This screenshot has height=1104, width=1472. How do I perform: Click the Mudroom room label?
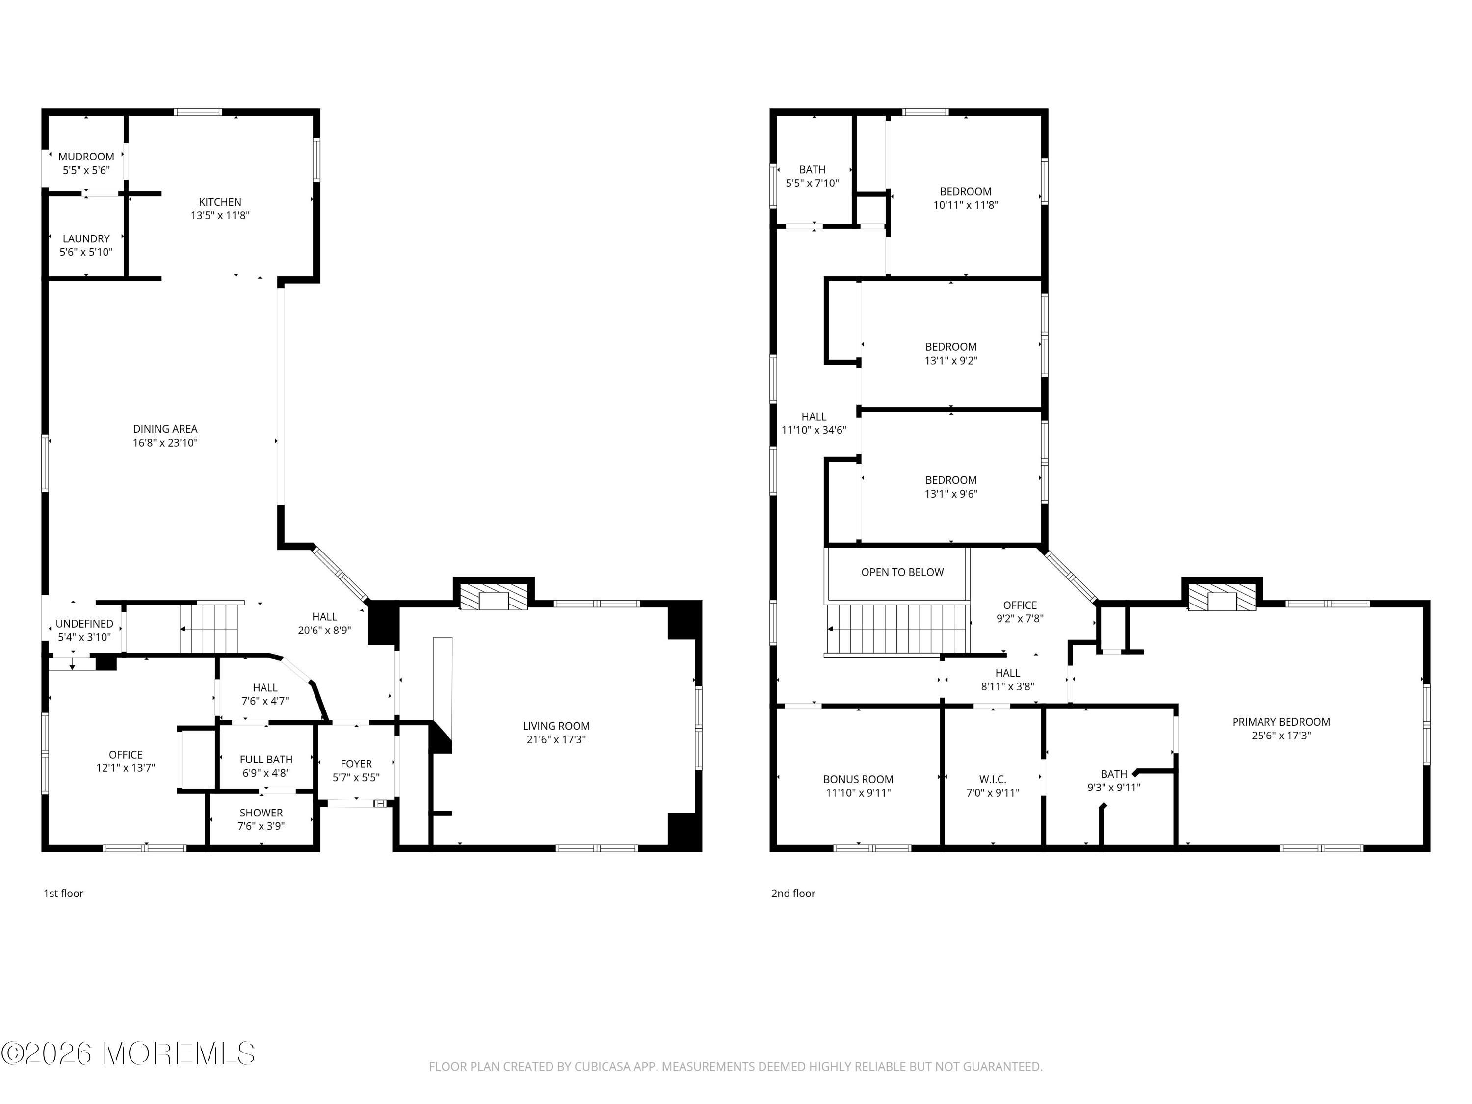[86, 157]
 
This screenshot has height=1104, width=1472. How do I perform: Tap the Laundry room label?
[86, 238]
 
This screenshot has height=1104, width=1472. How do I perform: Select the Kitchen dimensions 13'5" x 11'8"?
[220, 215]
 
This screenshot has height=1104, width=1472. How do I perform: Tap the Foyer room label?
[356, 764]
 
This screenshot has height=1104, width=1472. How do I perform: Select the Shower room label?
[262, 813]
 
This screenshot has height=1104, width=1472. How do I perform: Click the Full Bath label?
[266, 759]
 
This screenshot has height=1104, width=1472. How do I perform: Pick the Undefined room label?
[84, 624]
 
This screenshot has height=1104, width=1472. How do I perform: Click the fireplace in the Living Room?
[494, 597]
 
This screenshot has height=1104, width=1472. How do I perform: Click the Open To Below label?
[902, 572]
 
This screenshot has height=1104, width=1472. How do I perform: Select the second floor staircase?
[896, 629]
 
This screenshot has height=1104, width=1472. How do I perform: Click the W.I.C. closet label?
[993, 779]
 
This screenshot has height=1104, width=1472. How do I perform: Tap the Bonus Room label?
[859, 779]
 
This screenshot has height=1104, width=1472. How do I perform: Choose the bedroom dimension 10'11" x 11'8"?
[966, 205]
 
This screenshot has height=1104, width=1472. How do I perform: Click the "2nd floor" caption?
[793, 894]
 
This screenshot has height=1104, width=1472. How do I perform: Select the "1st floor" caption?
[64, 894]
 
